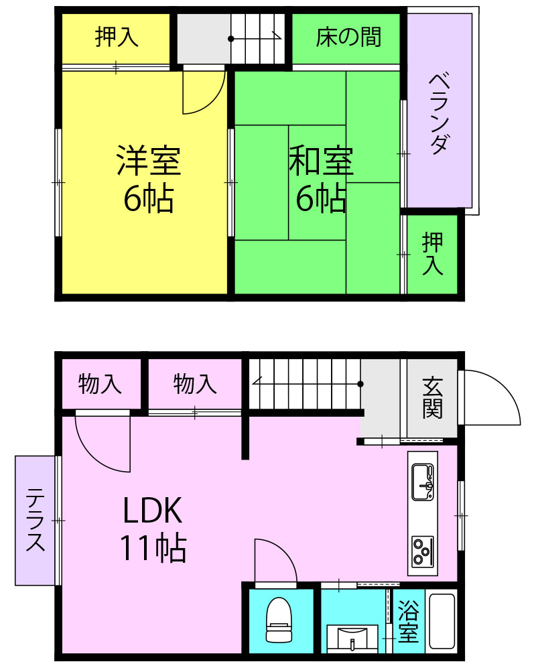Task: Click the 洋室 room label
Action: [x=149, y=161]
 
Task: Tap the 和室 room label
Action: [x=321, y=161]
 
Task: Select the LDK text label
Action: [x=153, y=510]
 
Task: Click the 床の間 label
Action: [x=348, y=37]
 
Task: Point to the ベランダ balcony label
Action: [x=440, y=114]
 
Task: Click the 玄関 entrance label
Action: [x=432, y=398]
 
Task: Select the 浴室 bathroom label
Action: [x=408, y=621]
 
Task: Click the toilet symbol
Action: [x=279, y=619]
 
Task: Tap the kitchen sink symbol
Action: [x=423, y=482]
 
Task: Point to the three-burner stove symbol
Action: [x=423, y=551]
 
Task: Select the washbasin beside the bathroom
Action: [x=352, y=639]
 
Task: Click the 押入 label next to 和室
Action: [x=432, y=254]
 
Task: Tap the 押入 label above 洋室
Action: [x=117, y=37]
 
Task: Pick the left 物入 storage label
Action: [x=100, y=383]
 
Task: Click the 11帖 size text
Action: [x=153, y=548]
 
